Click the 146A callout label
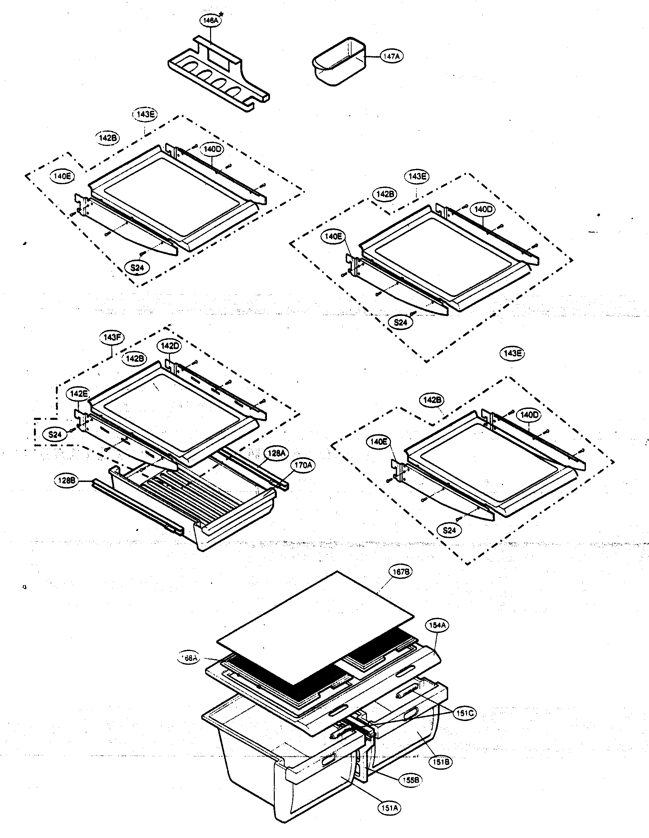pyautogui.click(x=210, y=21)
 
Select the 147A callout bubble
pyautogui.click(x=391, y=56)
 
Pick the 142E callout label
pyautogui.click(x=78, y=394)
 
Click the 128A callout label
pyautogui.click(x=276, y=453)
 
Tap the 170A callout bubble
pyautogui.click(x=303, y=465)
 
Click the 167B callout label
pyautogui.click(x=399, y=582)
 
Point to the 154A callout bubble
pyautogui.click(x=437, y=625)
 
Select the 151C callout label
pyautogui.click(x=464, y=713)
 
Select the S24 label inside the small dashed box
pyautogui.click(x=55, y=435)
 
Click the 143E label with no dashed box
pyautogui.click(x=513, y=353)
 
